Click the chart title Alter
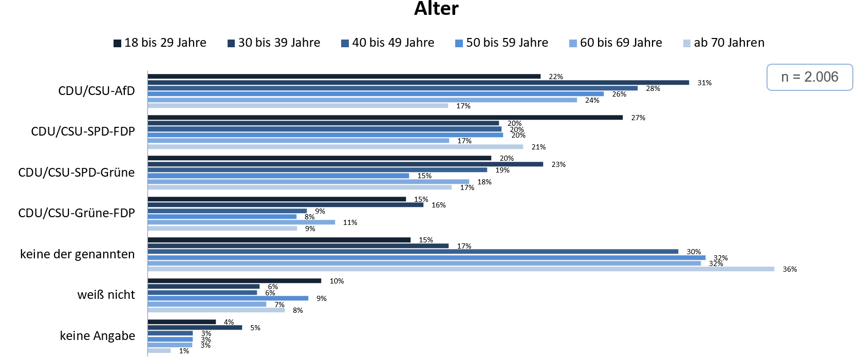[436, 9]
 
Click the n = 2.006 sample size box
[810, 77]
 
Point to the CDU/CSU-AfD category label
[97, 91]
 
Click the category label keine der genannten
[78, 254]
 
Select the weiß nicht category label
[106, 295]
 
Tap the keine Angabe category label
[98, 336]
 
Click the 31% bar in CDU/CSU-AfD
[418, 82]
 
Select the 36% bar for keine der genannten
[461, 269]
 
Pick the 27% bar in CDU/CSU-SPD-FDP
[385, 118]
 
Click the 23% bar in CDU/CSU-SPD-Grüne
[345, 164]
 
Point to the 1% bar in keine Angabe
[159, 351]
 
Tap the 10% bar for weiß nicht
[234, 281]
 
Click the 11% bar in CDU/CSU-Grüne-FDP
[241, 222]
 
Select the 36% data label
[790, 270]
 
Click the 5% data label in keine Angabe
[255, 328]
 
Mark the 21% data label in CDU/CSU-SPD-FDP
[538, 147]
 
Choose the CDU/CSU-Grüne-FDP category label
[77, 213]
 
